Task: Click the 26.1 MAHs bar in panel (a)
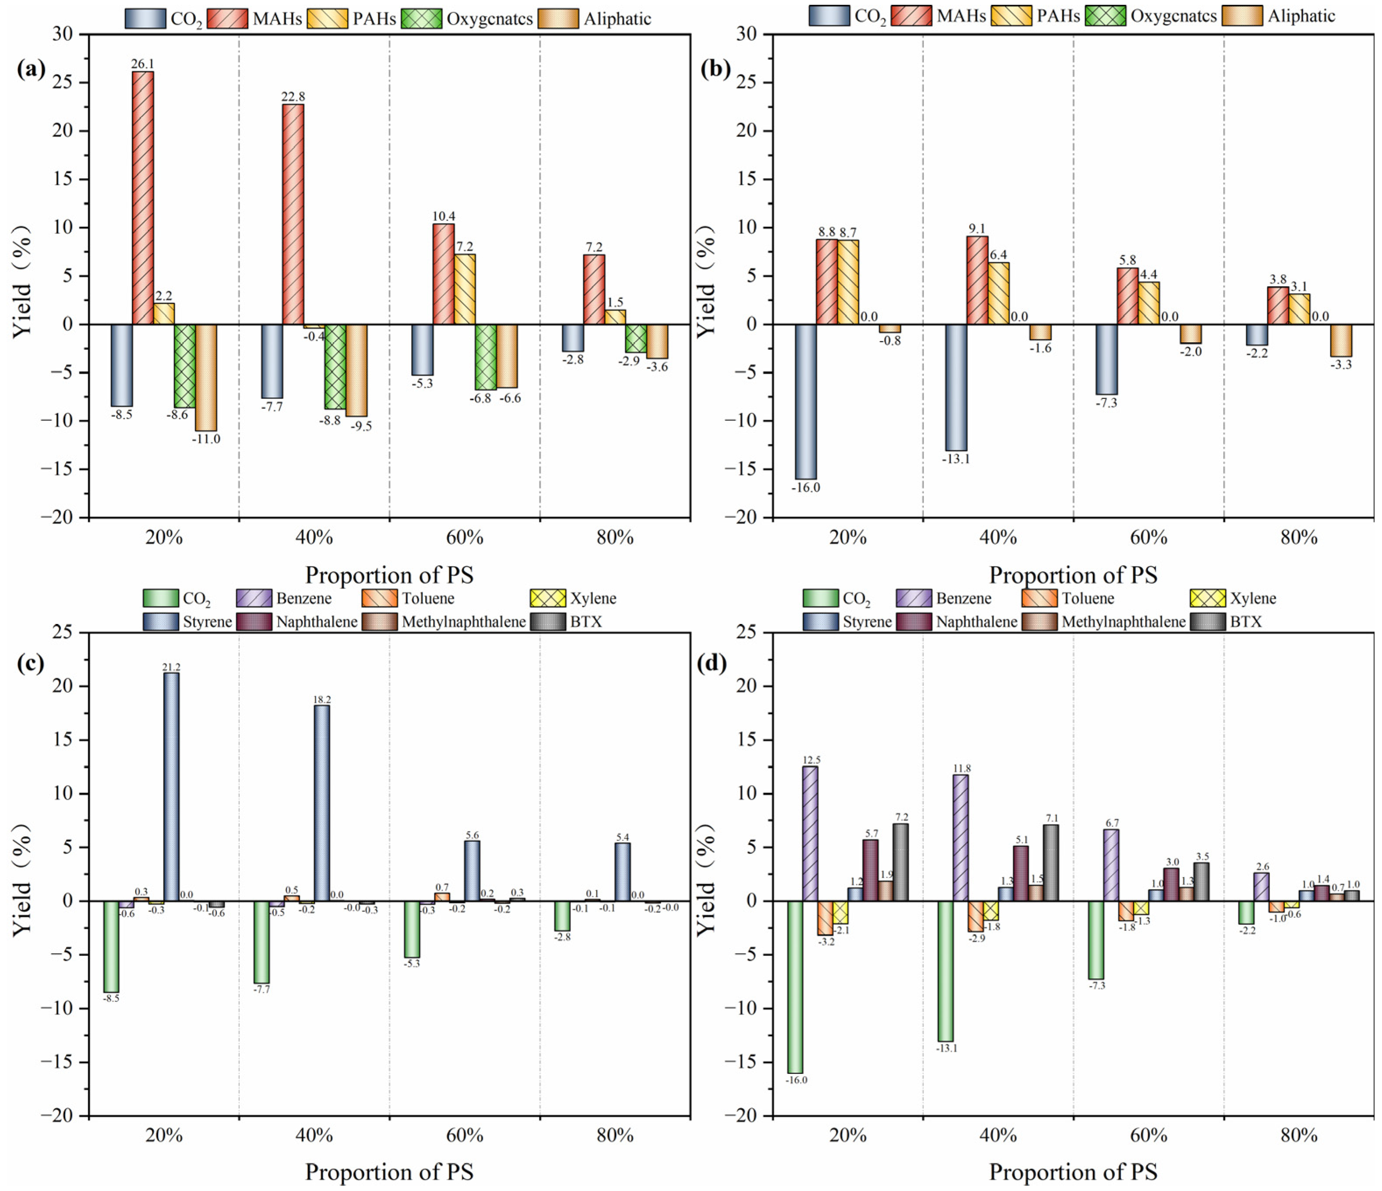[143, 197]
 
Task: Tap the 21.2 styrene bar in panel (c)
[171, 787]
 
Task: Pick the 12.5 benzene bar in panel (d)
[810, 834]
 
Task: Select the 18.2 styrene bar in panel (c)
[321, 803]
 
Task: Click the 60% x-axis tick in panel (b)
[1149, 538]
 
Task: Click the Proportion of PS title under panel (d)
[1072, 1172]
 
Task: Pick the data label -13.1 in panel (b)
[956, 459]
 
